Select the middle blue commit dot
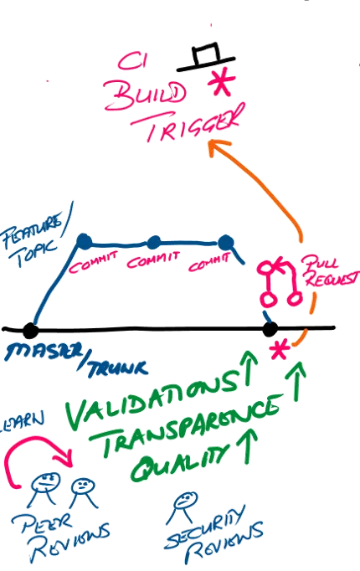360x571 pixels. coord(153,243)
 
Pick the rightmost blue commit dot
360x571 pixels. coord(224,243)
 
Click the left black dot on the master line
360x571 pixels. coord(31,329)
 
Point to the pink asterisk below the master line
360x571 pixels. coord(275,351)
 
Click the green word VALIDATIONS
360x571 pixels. coord(151,399)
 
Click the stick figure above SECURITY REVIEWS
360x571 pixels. coord(181,502)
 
